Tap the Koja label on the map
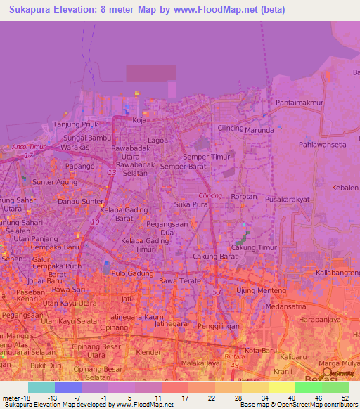tap(139, 120)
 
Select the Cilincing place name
tap(231, 129)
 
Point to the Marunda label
tap(259, 129)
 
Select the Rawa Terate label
tap(176, 281)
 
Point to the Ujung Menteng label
tap(261, 291)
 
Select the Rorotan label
tap(244, 197)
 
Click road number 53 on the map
tap(217, 291)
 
